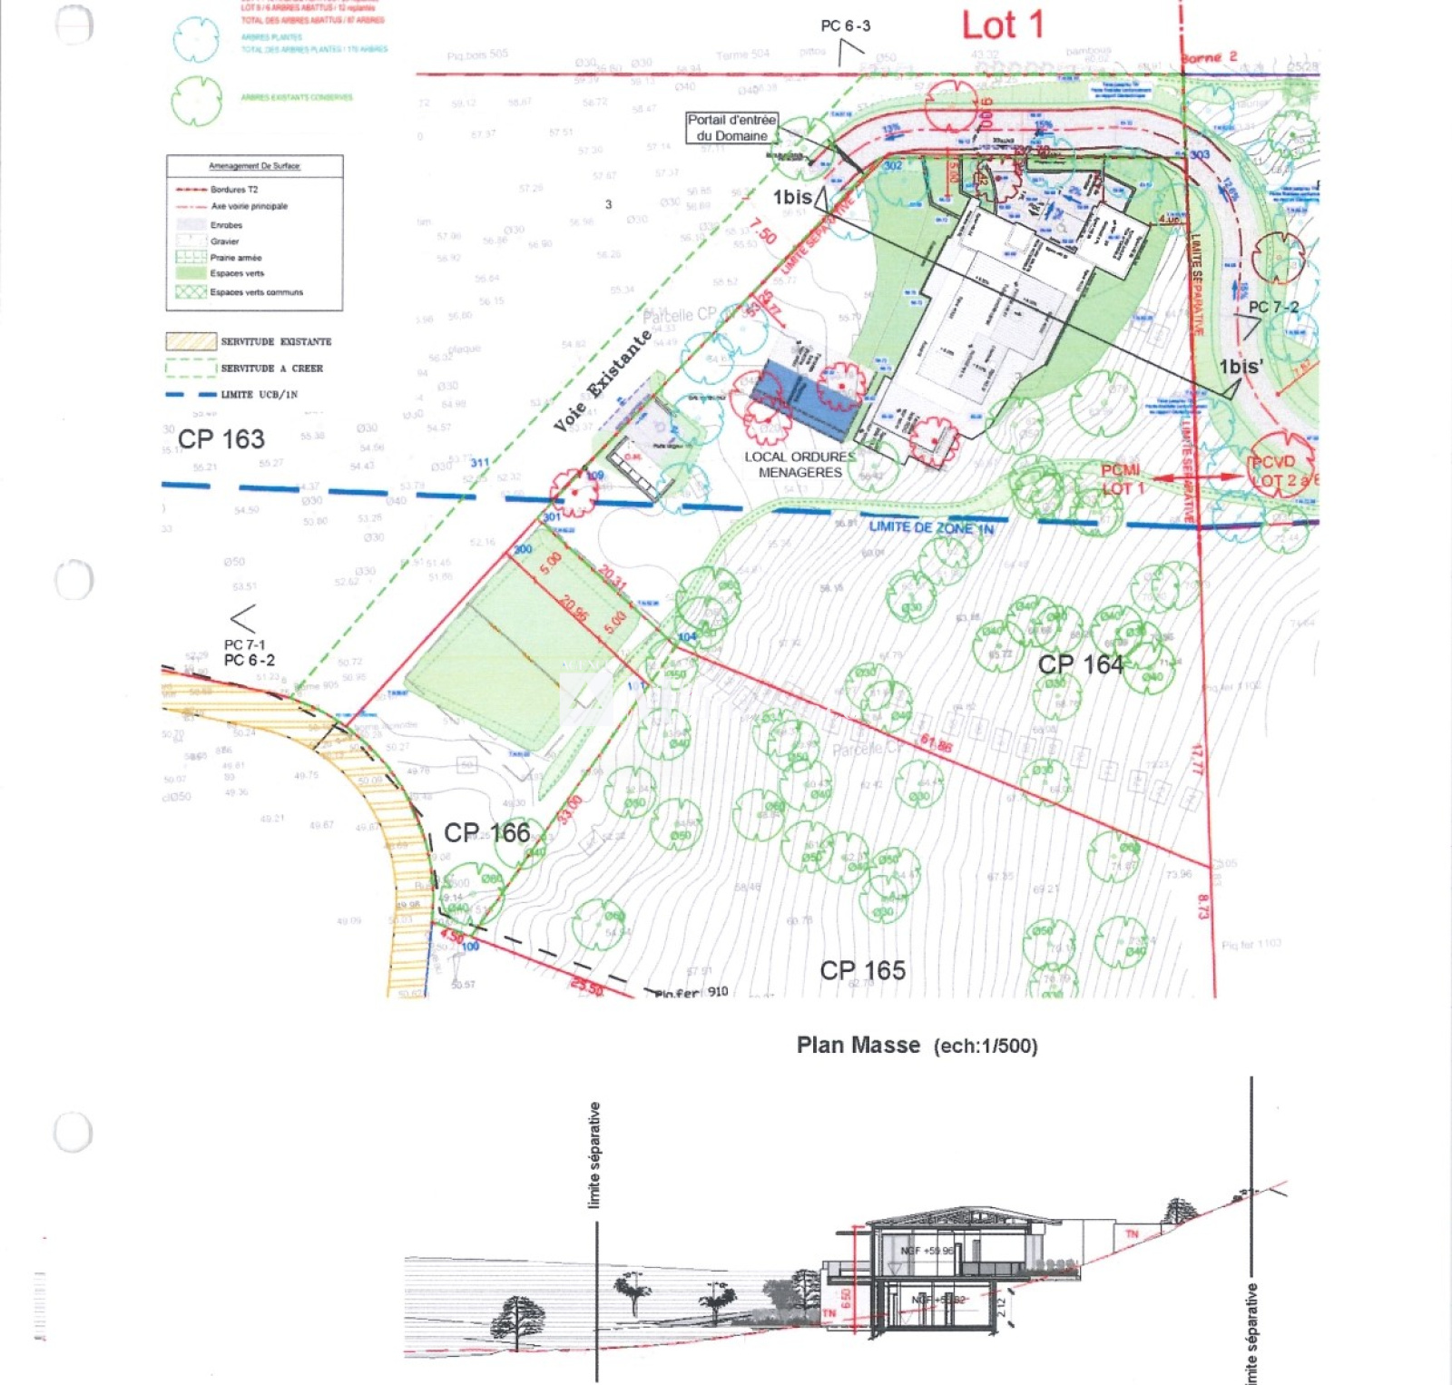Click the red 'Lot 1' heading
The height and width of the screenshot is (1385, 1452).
tap(1002, 25)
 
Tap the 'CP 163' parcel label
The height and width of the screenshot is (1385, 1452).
tap(221, 439)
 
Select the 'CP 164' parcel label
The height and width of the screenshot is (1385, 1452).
tap(1080, 665)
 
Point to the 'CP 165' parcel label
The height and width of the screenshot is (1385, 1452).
tap(862, 970)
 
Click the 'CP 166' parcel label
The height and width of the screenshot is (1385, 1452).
tap(486, 832)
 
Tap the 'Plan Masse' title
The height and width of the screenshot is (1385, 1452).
tap(858, 1046)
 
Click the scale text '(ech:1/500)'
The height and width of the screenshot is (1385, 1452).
tap(986, 1046)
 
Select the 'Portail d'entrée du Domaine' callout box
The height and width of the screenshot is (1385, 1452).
tap(731, 127)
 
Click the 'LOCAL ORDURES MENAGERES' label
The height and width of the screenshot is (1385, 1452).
tap(800, 464)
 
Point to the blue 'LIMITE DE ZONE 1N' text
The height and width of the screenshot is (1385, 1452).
tap(931, 527)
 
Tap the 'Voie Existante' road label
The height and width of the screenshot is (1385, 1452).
tap(603, 380)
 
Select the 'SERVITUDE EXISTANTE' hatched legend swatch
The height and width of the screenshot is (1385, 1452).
tap(191, 341)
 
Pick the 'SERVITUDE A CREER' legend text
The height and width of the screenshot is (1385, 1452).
tap(271, 368)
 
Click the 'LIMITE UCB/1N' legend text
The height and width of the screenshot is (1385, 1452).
tap(259, 395)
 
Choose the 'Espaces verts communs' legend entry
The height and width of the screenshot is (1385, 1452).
tap(256, 292)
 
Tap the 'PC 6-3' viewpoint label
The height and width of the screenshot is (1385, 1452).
tap(845, 26)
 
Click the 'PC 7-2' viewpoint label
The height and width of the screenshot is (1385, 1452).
tap(1273, 308)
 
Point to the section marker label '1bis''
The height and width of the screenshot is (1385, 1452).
tap(1241, 367)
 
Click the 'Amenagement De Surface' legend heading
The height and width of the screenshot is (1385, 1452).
tap(254, 166)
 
